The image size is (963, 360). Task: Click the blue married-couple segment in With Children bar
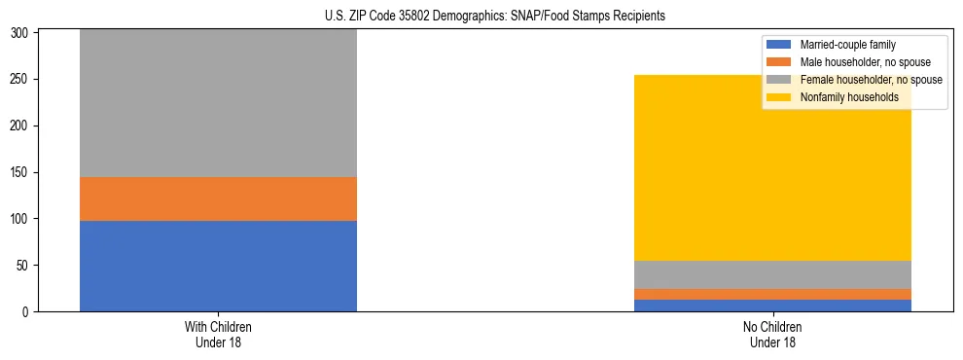(218, 266)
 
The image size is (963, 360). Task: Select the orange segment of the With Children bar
(218, 198)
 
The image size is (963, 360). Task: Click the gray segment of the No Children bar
(772, 274)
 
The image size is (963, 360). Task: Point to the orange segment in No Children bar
(772, 294)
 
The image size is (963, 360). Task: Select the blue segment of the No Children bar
(772, 306)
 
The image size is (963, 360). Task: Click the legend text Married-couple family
(847, 45)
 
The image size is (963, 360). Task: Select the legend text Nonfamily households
(848, 97)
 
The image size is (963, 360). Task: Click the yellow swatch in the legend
(779, 97)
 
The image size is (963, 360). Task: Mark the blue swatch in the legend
(779, 45)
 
